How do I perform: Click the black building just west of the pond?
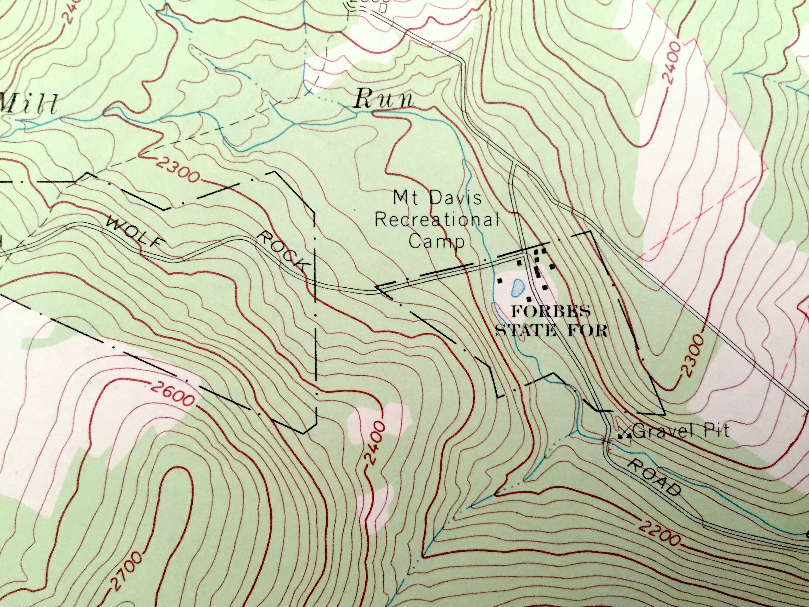point(500,281)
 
